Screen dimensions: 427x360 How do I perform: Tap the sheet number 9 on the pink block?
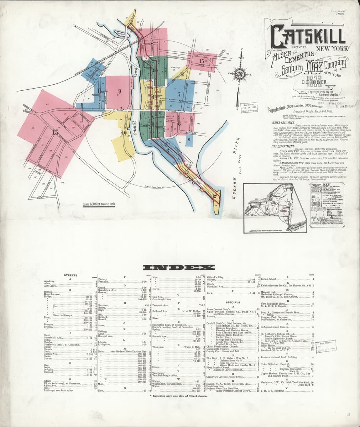(x=119, y=91)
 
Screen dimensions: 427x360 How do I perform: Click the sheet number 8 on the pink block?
(x=179, y=123)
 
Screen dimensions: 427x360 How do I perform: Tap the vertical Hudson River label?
(x=235, y=158)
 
